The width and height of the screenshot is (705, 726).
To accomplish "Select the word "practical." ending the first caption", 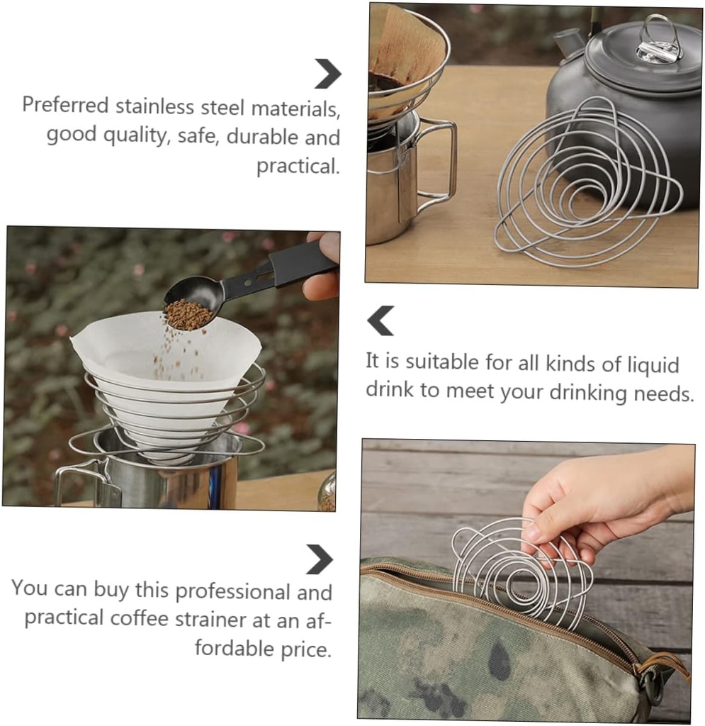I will (x=298, y=167).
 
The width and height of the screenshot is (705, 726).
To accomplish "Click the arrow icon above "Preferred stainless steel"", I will (x=327, y=74).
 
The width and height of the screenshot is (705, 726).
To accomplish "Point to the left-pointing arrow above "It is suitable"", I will (x=380, y=320).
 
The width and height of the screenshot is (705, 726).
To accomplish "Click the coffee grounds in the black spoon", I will (x=188, y=315).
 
